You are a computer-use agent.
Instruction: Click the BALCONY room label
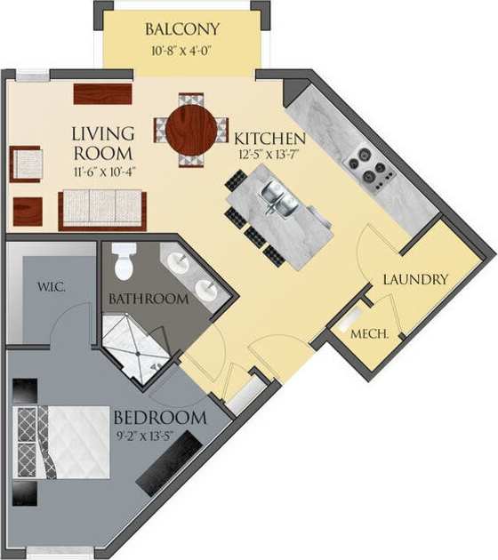pos(182,30)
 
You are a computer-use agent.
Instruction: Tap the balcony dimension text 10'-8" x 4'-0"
pos(182,51)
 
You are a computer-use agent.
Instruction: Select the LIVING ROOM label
pos(103,143)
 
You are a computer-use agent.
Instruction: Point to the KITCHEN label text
pos(270,139)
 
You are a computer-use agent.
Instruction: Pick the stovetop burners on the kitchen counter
pos(370,169)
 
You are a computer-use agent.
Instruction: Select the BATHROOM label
pos(149,300)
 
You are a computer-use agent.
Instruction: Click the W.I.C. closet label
pos(49,288)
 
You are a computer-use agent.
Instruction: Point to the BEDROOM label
pos(160,417)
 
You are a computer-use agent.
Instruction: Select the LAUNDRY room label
pos(415,279)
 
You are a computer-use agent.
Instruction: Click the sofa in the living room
pos(102,210)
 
